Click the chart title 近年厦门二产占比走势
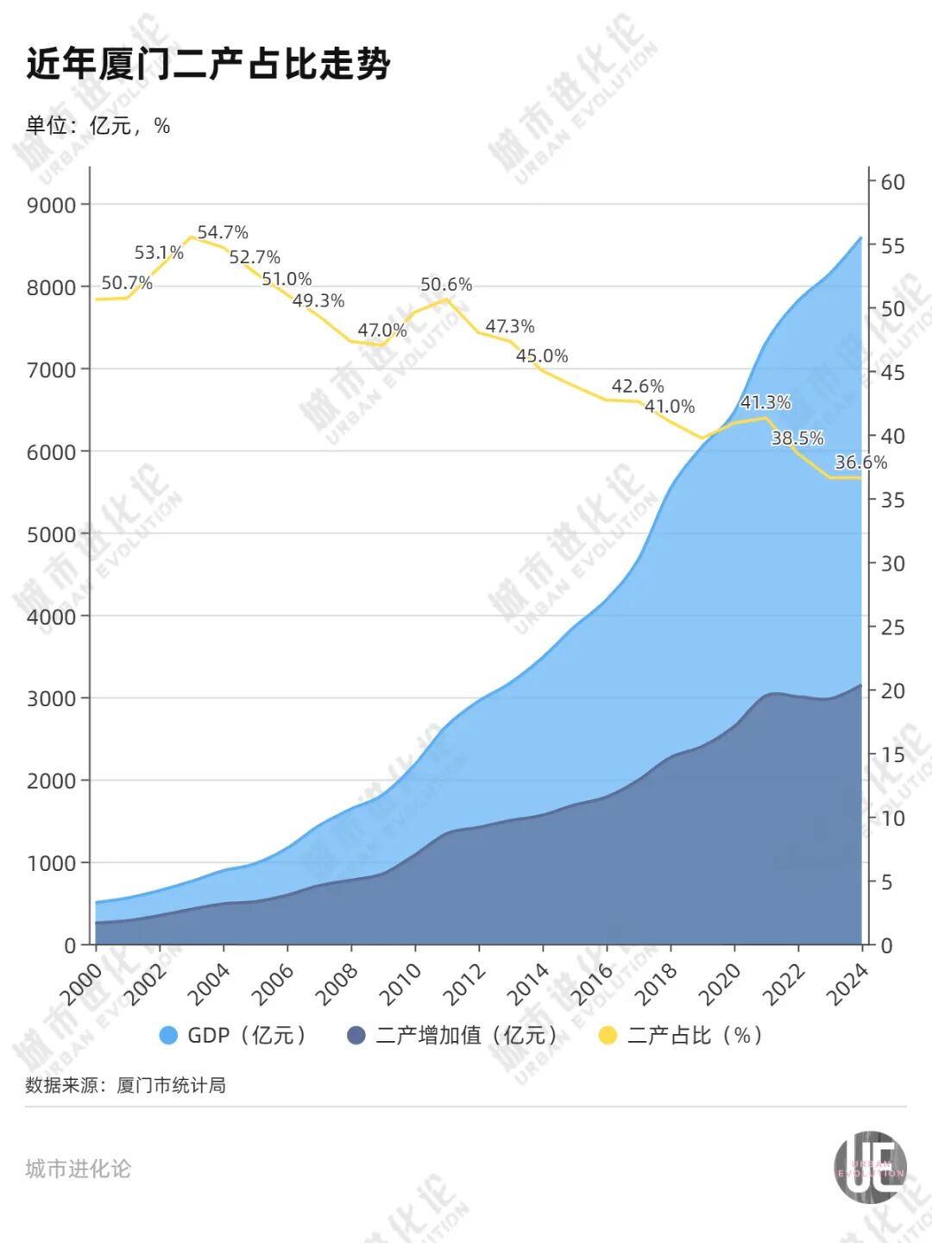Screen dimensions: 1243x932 click(208, 65)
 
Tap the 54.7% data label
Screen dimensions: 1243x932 click(223, 232)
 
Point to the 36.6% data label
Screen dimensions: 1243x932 click(860, 462)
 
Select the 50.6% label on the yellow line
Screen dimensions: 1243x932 click(446, 284)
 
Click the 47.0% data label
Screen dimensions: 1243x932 click(381, 330)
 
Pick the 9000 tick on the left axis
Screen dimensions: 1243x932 click(52, 205)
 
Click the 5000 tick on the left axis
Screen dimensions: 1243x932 click(52, 534)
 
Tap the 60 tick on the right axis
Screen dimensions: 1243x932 click(892, 182)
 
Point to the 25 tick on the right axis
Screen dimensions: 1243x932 click(892, 628)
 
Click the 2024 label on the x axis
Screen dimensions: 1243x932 click(847, 984)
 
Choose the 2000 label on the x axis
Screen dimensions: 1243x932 click(81, 984)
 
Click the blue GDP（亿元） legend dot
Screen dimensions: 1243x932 click(169, 1035)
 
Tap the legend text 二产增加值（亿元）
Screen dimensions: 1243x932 click(467, 1035)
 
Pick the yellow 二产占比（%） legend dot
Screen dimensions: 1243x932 click(608, 1035)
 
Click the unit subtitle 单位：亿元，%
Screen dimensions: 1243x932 click(98, 126)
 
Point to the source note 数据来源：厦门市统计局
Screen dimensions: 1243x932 click(125, 1085)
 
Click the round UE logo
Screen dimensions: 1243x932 click(870, 1167)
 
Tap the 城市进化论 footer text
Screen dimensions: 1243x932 click(78, 1169)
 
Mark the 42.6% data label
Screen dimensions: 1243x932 click(638, 386)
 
